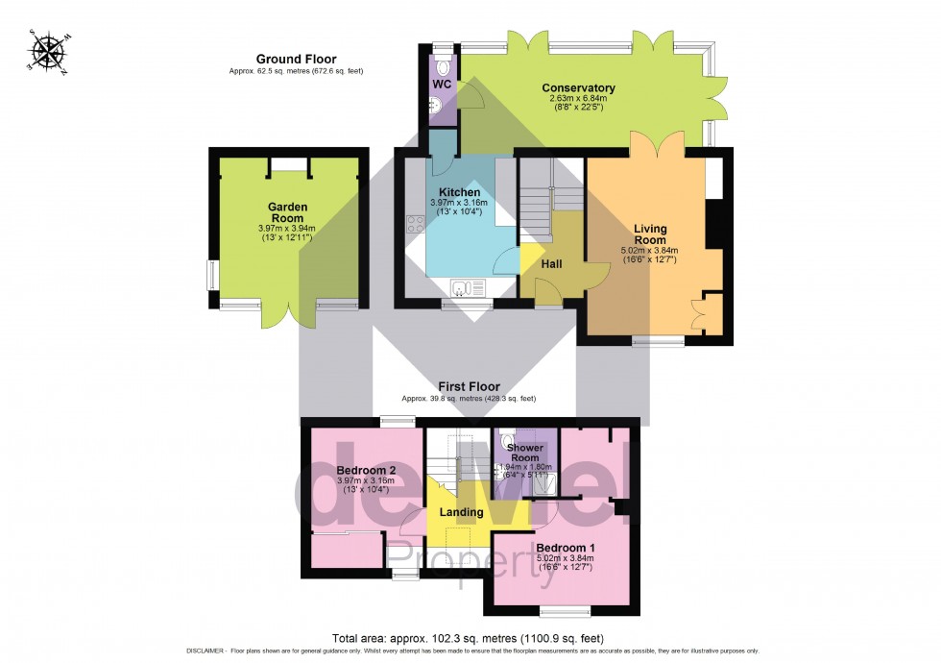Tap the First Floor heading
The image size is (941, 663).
coord(469,386)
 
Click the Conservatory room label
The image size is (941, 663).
coord(578,88)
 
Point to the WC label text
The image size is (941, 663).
coord(442,85)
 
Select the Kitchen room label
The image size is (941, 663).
coord(459,192)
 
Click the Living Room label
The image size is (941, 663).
coord(650,233)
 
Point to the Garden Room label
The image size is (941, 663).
coord(287,212)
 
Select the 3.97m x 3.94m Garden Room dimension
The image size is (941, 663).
coord(287,228)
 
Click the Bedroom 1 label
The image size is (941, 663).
coord(565,547)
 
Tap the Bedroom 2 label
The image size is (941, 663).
coord(366,470)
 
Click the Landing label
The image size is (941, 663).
coord(461,512)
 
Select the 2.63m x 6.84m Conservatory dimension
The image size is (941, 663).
coord(578,99)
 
